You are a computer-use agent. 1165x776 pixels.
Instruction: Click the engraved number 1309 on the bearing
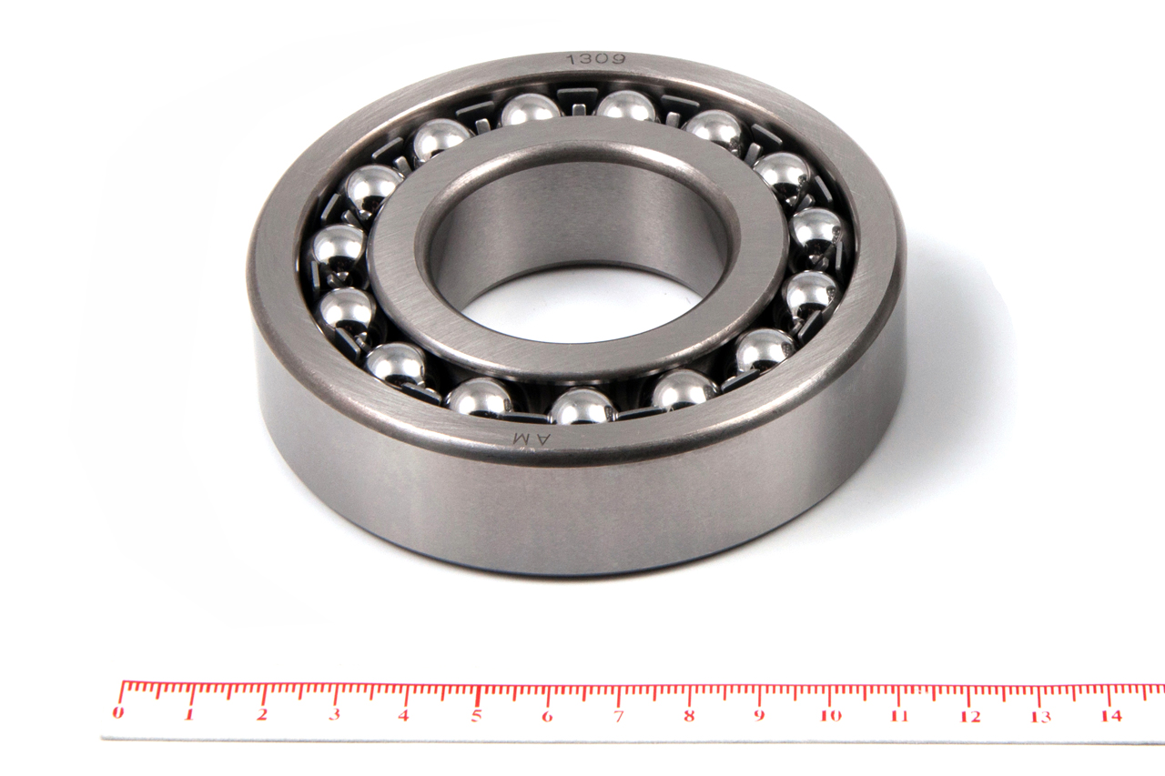click(595, 60)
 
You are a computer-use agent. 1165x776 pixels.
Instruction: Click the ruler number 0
click(118, 712)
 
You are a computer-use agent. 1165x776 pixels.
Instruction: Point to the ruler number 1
click(189, 714)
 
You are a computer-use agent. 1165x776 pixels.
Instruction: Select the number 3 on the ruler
click(335, 714)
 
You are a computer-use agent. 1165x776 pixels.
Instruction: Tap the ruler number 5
click(476, 716)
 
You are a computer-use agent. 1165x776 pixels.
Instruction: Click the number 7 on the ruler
click(618, 716)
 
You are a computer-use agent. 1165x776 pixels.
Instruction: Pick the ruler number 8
click(689, 716)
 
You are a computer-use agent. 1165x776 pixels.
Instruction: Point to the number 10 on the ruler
click(831, 716)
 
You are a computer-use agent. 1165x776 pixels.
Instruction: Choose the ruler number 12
click(970, 717)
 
